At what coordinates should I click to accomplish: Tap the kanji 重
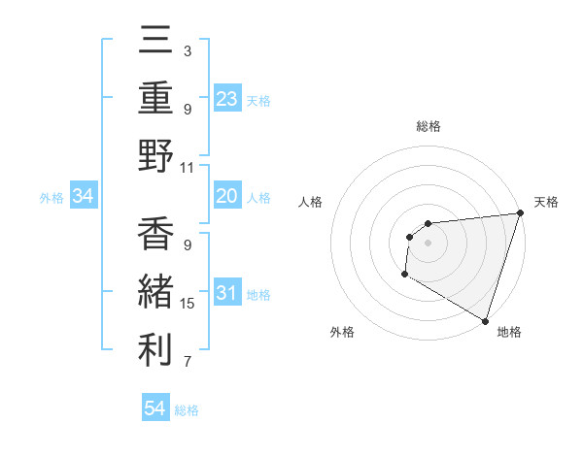pyautogui.click(x=156, y=99)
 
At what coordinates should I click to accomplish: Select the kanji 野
pyautogui.click(x=156, y=156)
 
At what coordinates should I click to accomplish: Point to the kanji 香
pyautogui.click(x=156, y=236)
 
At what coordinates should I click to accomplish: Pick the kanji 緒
pyautogui.click(x=156, y=293)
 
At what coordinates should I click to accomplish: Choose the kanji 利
pyautogui.click(x=156, y=350)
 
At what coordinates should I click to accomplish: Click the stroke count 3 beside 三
pyautogui.click(x=187, y=50)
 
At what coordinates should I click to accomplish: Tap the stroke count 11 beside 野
pyautogui.click(x=188, y=167)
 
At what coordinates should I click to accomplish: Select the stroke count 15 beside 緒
pyautogui.click(x=188, y=304)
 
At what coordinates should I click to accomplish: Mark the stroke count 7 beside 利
pyautogui.click(x=187, y=363)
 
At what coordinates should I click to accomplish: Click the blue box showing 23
pyautogui.click(x=227, y=99)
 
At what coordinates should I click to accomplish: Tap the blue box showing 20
pyautogui.click(x=227, y=197)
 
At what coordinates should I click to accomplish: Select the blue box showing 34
pyautogui.click(x=84, y=197)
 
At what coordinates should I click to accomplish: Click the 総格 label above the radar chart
pyautogui.click(x=429, y=126)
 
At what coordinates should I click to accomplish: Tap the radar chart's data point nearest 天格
pyautogui.click(x=520, y=214)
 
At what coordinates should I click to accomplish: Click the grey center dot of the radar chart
pyautogui.click(x=428, y=243)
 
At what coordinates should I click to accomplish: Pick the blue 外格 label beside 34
pyautogui.click(x=51, y=198)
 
